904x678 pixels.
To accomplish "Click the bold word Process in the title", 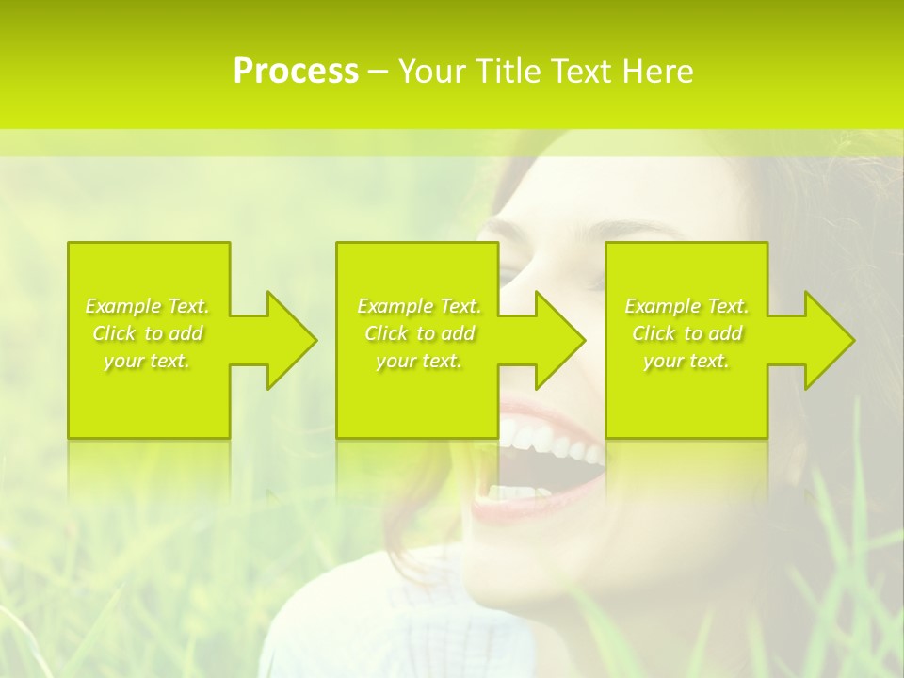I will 296,72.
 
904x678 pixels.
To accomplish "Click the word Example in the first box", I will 123,306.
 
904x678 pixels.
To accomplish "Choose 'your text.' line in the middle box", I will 418,361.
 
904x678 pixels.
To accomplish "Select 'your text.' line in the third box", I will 686,361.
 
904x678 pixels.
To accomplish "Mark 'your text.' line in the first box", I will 147,361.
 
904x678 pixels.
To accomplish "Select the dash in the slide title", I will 379,72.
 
